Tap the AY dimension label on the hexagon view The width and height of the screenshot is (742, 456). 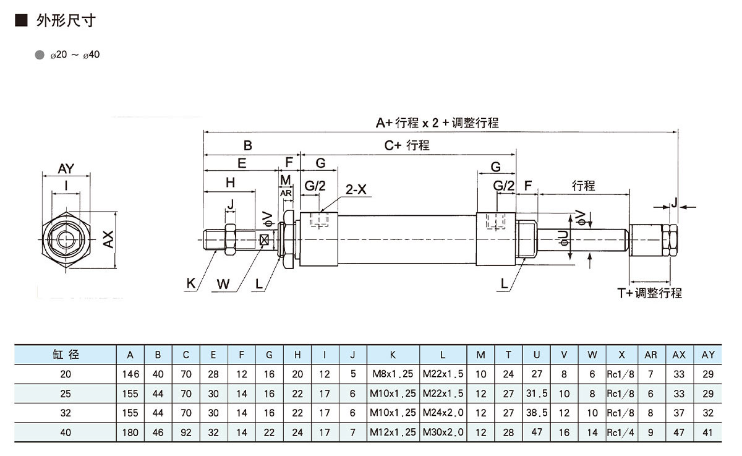click(66, 168)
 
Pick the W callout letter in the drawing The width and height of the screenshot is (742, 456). click(223, 284)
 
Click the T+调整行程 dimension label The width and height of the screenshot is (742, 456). click(649, 293)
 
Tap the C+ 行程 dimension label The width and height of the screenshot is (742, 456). click(407, 146)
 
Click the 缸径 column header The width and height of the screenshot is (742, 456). click(66, 355)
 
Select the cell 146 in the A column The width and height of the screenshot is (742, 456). click(130, 374)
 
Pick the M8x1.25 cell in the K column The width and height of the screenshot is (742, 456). click(393, 374)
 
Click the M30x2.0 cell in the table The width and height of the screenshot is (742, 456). click(443, 432)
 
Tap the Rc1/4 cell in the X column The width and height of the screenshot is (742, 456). click(621, 432)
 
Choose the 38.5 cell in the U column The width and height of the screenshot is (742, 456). click(537, 413)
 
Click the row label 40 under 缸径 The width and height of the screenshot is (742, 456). click(66, 432)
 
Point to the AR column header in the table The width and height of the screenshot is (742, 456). click(650, 355)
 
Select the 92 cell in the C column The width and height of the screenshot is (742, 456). click(186, 432)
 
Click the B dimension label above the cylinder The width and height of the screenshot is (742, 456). click(247, 146)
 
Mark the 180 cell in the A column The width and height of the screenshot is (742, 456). click(130, 432)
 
